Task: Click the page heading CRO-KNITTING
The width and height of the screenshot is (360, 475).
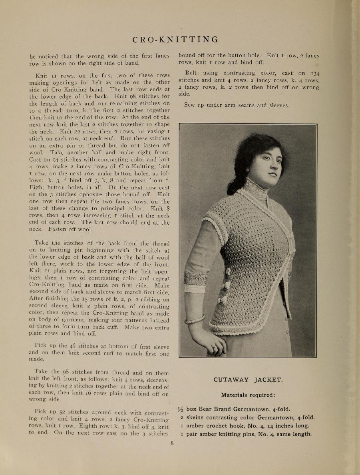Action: click(x=175, y=40)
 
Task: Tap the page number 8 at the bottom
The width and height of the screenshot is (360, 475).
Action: click(x=172, y=443)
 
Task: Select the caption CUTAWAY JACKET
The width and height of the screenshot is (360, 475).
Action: click(x=248, y=380)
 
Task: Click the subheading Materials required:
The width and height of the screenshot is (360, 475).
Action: click(x=248, y=395)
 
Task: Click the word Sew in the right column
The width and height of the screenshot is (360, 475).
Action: click(x=190, y=105)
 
